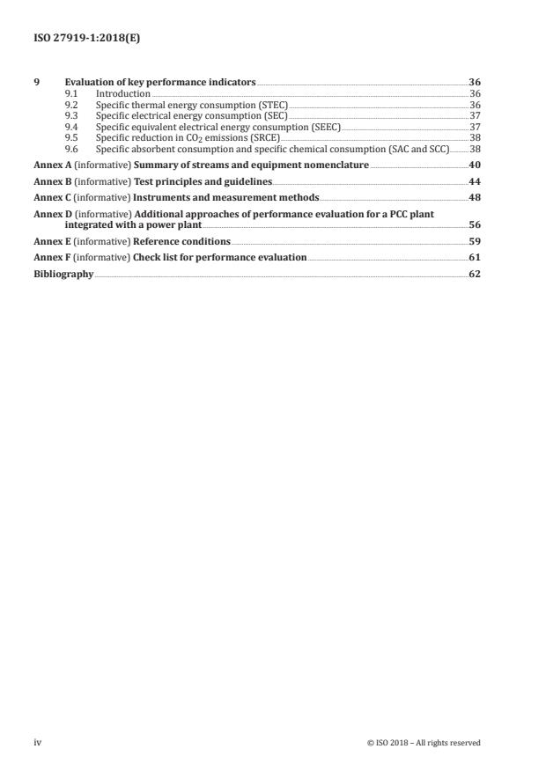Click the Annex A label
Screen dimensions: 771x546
tap(48, 165)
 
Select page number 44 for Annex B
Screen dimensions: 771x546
tap(475, 181)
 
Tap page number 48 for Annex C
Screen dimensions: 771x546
tap(475, 197)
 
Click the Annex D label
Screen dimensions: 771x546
tap(48, 214)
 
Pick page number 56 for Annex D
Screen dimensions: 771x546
tap(475, 224)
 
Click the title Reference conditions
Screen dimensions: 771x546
tap(182, 241)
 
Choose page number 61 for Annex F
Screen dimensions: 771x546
tap(475, 258)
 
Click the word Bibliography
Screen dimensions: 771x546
tap(63, 274)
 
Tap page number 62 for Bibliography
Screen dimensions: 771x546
tap(475, 274)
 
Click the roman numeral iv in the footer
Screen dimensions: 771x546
tap(38, 742)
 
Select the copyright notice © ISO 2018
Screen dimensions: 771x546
tap(424, 742)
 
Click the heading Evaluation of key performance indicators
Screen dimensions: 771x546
tap(160, 82)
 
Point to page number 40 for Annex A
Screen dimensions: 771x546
tap(475, 165)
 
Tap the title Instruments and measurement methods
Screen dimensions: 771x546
tap(225, 197)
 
